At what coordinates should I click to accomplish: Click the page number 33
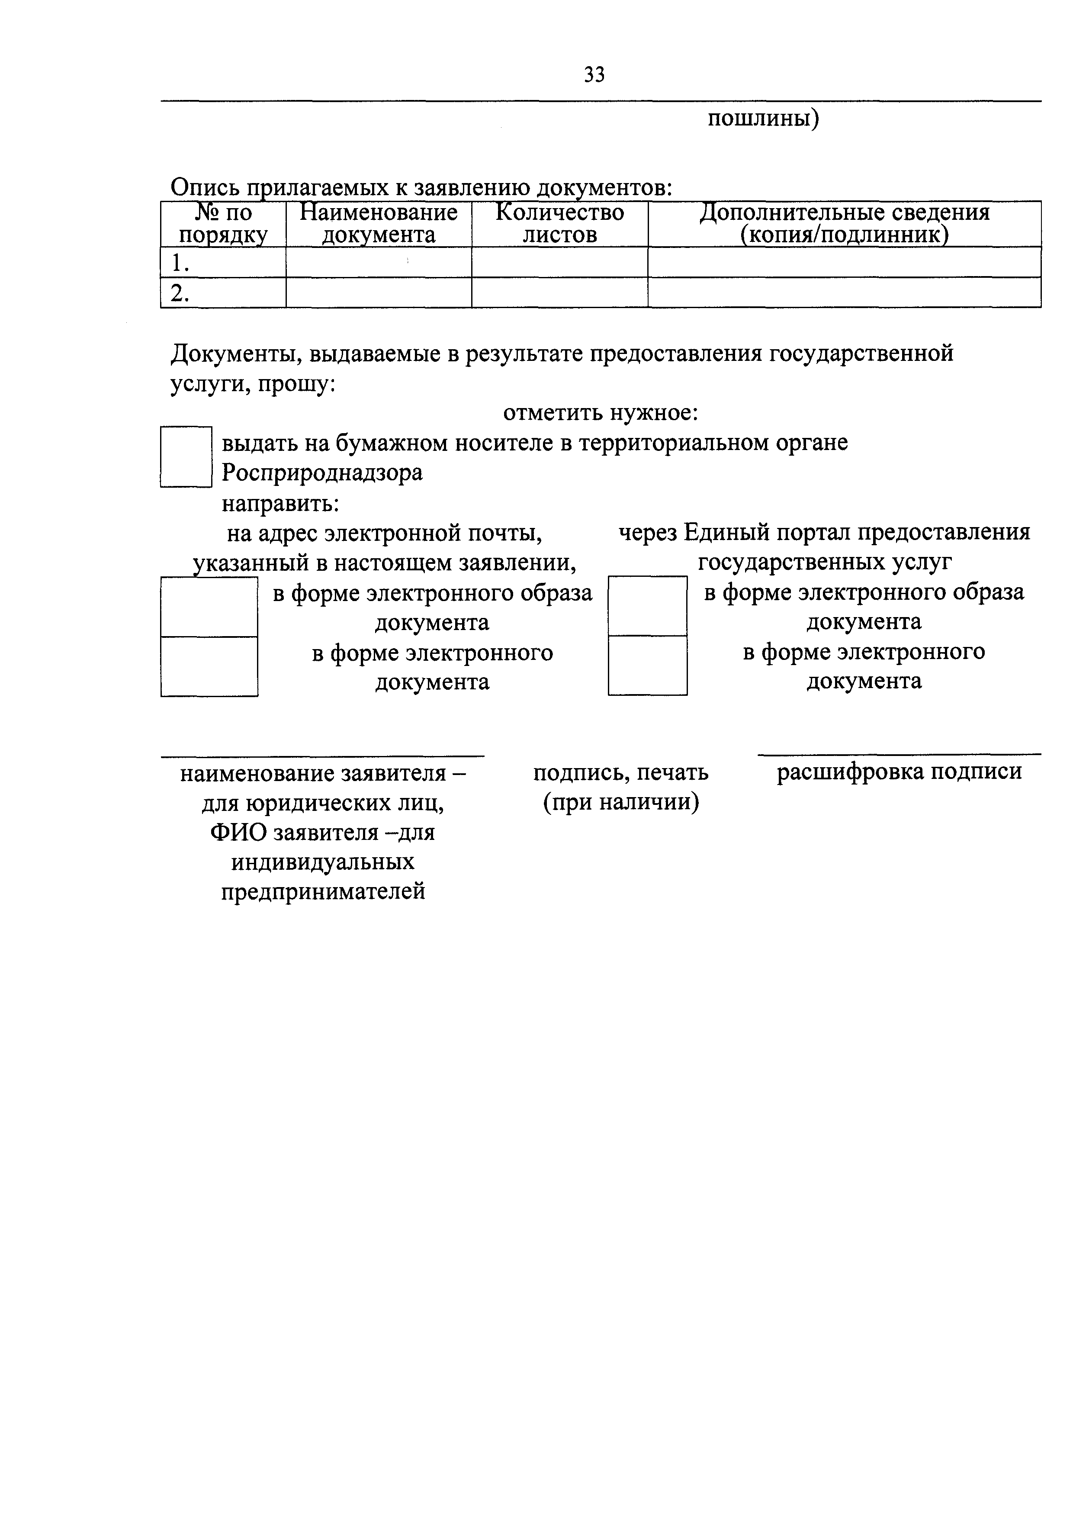594,75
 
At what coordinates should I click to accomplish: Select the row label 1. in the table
180,263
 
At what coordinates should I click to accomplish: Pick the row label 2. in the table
180,293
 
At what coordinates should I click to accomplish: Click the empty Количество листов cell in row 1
559,263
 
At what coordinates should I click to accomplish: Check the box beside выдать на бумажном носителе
186,457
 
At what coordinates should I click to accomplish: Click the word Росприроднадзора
322,473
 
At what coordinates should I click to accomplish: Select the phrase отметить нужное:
601,413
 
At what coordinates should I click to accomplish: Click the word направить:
280,503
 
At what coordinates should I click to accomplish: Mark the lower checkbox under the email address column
209,666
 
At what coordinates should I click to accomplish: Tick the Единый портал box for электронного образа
647,606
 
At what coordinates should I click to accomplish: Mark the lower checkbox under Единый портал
647,665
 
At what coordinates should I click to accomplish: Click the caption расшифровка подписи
899,772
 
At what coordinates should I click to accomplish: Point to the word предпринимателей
323,892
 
